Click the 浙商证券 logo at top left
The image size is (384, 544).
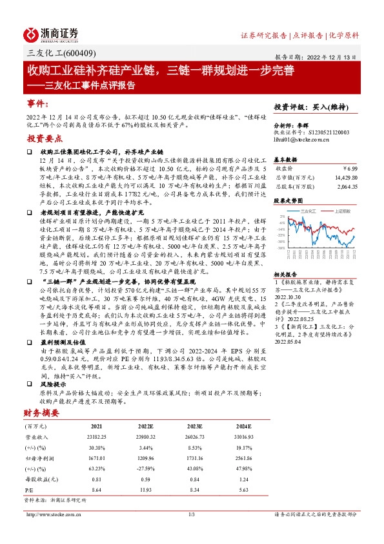tap(52, 34)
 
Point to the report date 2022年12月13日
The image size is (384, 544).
tap(328, 56)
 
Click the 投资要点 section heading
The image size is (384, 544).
tap(44, 139)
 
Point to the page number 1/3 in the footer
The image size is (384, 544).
tap(191, 514)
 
